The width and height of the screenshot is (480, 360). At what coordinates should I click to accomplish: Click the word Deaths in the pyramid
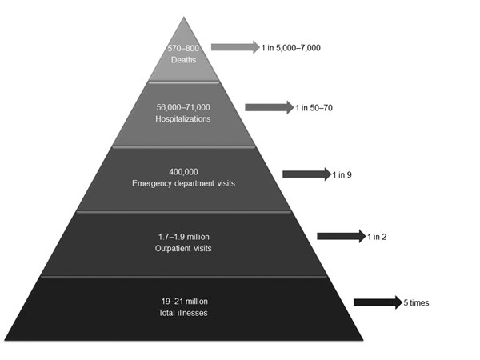[x=183, y=60]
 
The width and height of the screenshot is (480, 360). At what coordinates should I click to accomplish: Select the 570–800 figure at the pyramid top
[x=183, y=48]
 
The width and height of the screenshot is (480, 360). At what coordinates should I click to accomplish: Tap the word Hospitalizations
[x=183, y=118]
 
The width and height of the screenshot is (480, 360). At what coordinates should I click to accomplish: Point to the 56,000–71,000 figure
[x=183, y=107]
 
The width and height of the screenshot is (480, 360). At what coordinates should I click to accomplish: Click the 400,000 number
[x=183, y=172]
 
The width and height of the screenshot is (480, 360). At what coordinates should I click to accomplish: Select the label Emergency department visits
[x=183, y=183]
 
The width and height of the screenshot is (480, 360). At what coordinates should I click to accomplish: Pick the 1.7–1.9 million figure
[x=184, y=237]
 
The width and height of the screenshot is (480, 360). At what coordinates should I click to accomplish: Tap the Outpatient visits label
[x=183, y=248]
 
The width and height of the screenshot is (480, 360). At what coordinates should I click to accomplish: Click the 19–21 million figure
[x=184, y=302]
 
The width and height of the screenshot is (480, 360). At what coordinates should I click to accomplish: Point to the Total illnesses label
[x=183, y=313]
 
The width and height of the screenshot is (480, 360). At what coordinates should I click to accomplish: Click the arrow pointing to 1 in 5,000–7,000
[x=235, y=47]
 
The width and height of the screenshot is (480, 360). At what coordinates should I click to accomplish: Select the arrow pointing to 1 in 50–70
[x=270, y=107]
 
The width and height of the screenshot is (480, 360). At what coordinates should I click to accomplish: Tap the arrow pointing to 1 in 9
[x=306, y=174]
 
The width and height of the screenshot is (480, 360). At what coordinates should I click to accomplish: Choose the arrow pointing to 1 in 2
[x=342, y=236]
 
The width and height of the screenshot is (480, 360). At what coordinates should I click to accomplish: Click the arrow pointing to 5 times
[x=378, y=302]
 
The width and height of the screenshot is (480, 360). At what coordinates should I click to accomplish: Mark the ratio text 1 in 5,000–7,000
[x=291, y=48]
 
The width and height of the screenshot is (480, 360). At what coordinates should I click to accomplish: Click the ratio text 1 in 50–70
[x=314, y=108]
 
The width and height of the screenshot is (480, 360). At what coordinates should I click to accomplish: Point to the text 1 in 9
[x=342, y=174]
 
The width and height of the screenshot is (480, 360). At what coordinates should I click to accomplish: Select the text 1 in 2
[x=377, y=237]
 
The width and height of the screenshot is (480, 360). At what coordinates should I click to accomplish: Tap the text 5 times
[x=416, y=302]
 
